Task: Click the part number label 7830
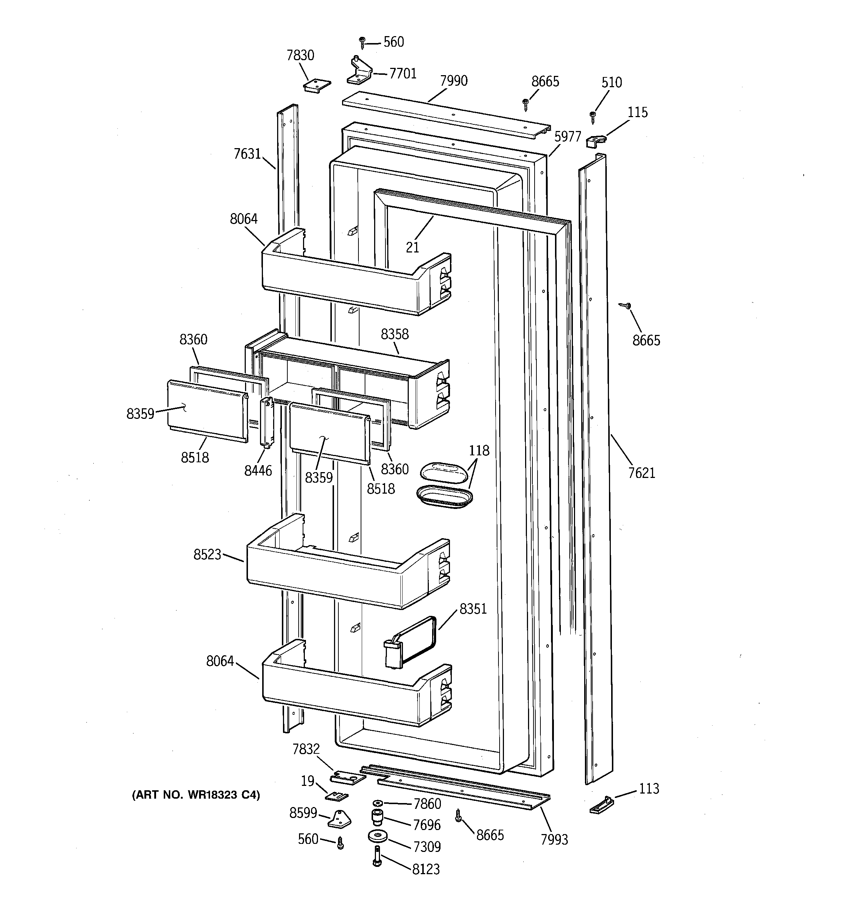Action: click(x=300, y=55)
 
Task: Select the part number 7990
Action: click(x=454, y=81)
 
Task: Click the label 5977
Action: click(x=568, y=136)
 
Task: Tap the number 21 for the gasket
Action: click(x=412, y=248)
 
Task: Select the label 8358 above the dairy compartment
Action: click(x=395, y=334)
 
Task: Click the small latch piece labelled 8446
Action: click(x=267, y=422)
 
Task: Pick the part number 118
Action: click(x=479, y=451)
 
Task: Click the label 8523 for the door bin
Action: click(x=207, y=555)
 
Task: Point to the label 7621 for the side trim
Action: click(x=642, y=473)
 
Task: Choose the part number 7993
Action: click(x=554, y=840)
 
